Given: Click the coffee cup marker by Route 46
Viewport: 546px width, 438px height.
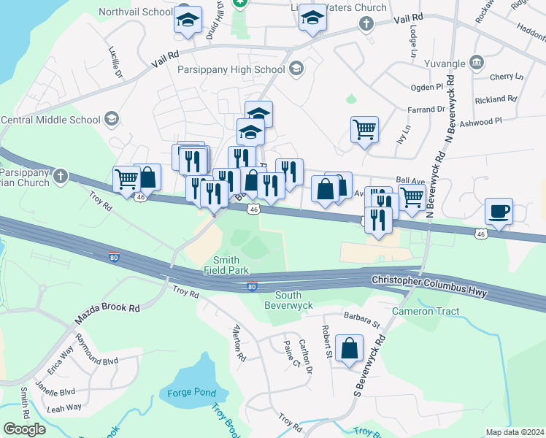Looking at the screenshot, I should pyautogui.click(x=499, y=212).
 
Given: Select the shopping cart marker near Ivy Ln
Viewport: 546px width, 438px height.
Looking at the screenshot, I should pyautogui.click(x=364, y=131).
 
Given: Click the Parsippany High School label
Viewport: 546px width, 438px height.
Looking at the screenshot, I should pyautogui.click(x=231, y=70).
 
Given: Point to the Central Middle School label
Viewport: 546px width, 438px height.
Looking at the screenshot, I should pyautogui.click(x=50, y=120).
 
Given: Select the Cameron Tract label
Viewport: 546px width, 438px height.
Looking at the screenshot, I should pyautogui.click(x=426, y=312).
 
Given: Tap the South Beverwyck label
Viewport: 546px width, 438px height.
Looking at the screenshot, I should pyautogui.click(x=293, y=299).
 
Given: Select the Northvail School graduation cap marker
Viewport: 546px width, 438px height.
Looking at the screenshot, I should pyautogui.click(x=188, y=21).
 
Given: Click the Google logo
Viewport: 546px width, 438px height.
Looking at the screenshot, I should pyautogui.click(x=24, y=429).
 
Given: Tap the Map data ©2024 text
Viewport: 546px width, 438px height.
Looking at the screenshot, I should pyautogui.click(x=515, y=432).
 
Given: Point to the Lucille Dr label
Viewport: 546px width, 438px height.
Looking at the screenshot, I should pyautogui.click(x=115, y=63).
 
